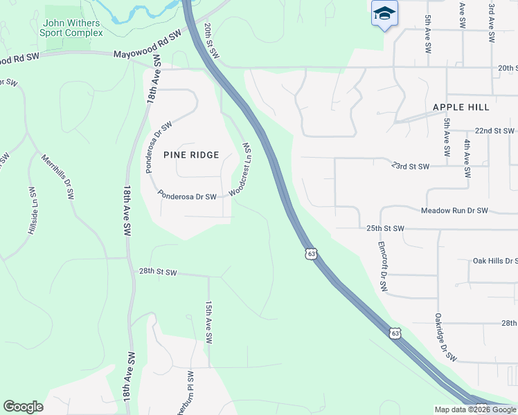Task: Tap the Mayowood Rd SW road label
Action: tap(147, 43)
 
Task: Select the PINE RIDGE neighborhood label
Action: tap(191, 155)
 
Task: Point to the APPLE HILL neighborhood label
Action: tap(461, 107)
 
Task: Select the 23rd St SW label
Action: tap(410, 166)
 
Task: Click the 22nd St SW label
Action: tap(494, 130)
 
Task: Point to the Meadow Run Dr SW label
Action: tap(454, 210)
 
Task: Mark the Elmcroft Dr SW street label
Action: tap(382, 266)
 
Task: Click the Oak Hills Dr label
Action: tap(495, 261)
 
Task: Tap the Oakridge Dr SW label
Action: tap(445, 338)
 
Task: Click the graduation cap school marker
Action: tap(384, 14)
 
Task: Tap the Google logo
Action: tap(23, 407)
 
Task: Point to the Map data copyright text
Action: tap(475, 409)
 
